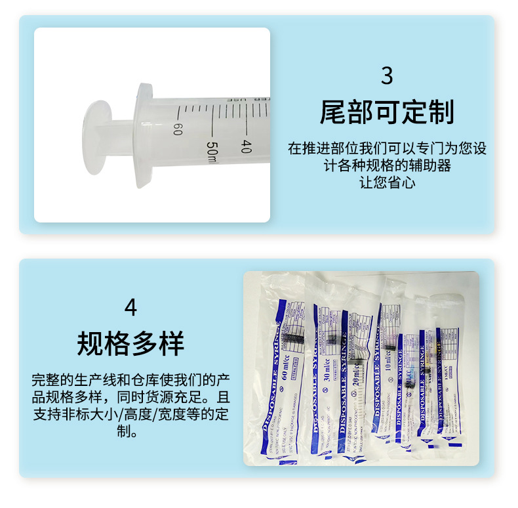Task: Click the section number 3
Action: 387,76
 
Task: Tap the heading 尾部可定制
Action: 387,113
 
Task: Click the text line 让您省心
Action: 387,182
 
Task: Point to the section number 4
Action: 131,307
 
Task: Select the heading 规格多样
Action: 131,343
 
